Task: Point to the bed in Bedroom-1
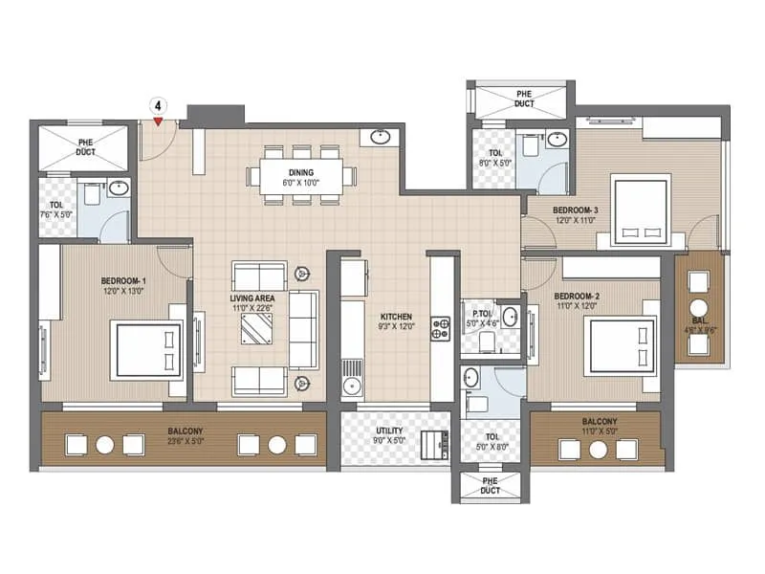(148, 350)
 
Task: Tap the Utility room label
(390, 431)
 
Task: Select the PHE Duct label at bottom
(490, 485)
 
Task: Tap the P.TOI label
(479, 312)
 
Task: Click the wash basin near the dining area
(380, 137)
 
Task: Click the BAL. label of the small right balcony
(699, 322)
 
